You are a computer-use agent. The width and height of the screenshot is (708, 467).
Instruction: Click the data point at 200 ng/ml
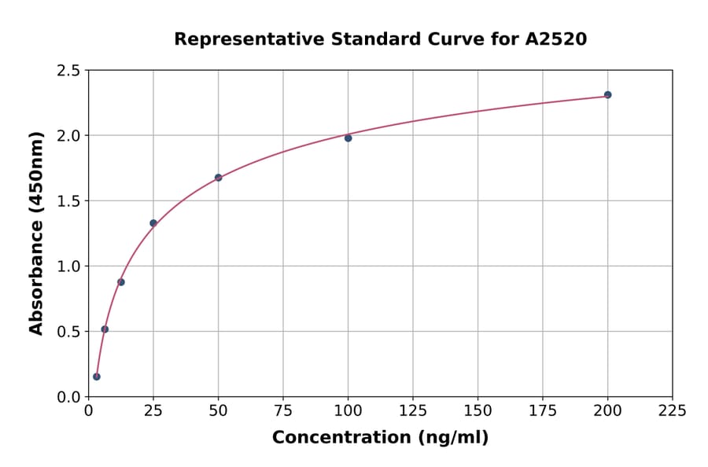607,95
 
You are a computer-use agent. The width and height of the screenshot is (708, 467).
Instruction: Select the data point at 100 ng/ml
348,138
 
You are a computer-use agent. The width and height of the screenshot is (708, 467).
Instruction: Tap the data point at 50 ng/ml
218,178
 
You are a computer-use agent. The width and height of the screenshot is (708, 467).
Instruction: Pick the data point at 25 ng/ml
153,223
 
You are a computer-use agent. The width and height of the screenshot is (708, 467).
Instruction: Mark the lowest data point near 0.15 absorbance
97,377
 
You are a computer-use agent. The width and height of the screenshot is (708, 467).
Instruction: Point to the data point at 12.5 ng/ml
121,282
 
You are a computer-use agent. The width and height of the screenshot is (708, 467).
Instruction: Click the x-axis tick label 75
283,410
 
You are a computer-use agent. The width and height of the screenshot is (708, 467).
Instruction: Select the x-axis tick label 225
672,410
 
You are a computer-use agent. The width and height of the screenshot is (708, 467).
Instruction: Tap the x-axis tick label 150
478,410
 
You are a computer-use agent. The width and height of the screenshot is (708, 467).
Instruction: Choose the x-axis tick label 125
413,410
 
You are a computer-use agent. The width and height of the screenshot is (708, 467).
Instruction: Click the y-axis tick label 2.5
68,71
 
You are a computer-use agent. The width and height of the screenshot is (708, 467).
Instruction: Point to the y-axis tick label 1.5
68,201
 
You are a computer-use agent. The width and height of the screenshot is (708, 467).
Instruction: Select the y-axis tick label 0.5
68,332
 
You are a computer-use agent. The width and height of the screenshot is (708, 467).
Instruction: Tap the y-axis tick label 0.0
68,397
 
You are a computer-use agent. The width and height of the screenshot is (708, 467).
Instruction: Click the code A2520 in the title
555,39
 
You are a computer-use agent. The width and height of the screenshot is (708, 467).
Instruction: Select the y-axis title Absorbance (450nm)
36,233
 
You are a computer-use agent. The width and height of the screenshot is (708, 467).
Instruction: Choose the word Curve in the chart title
459,39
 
